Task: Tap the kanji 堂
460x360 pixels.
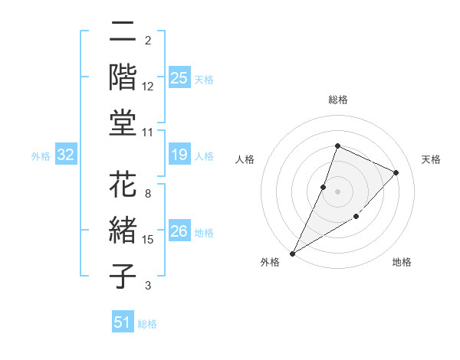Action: click(x=123, y=123)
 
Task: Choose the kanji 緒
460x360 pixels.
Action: click(x=123, y=232)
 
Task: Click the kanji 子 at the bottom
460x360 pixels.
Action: click(x=123, y=276)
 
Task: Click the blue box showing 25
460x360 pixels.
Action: click(x=179, y=78)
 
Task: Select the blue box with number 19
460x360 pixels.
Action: click(x=179, y=155)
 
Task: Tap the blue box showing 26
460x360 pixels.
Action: click(x=179, y=231)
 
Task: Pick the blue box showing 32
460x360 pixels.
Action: click(x=66, y=155)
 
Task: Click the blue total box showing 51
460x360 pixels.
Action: click(x=123, y=322)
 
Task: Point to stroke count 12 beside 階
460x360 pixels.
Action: click(x=148, y=87)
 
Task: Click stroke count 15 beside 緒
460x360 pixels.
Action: click(x=148, y=241)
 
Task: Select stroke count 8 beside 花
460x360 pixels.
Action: click(x=148, y=194)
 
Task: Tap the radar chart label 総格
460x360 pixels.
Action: click(x=338, y=100)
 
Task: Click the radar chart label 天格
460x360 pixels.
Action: click(x=431, y=159)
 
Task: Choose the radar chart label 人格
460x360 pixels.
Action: click(x=245, y=159)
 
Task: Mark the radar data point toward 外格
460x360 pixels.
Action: click(x=292, y=253)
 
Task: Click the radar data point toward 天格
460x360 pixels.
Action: click(x=396, y=172)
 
